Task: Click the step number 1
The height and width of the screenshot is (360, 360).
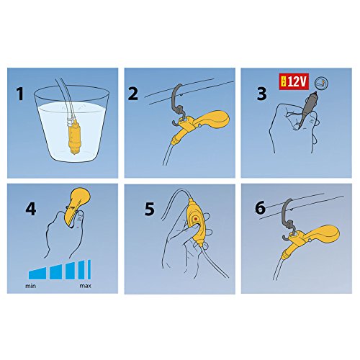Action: tap(20, 94)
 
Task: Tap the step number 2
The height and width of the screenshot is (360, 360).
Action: tap(133, 94)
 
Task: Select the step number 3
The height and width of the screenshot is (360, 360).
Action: tap(261, 94)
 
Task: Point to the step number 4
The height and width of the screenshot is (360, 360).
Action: tap(31, 209)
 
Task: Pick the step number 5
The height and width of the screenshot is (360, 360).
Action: tap(149, 209)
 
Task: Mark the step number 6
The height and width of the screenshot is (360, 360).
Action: tap(260, 207)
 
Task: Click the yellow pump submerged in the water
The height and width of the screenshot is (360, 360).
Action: tap(74, 136)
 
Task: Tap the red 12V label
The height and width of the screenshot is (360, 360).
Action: tap(294, 82)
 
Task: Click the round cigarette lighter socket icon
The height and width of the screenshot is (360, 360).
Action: tap(321, 83)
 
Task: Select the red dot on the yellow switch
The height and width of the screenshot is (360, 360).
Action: tap(196, 219)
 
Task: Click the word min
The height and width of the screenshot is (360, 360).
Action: tap(30, 286)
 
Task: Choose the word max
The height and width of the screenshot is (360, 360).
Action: tap(85, 286)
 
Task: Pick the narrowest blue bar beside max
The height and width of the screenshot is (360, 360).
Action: tap(89, 269)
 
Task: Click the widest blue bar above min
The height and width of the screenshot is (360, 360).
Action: tap(37, 274)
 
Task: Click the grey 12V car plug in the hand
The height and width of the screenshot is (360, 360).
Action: tap(307, 109)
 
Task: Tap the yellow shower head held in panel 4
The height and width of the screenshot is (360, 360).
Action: tap(78, 205)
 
